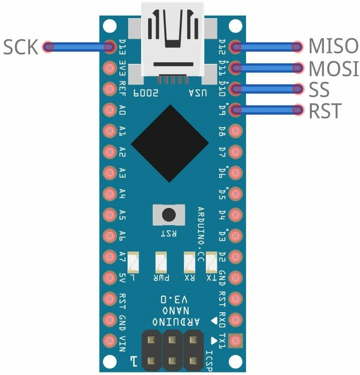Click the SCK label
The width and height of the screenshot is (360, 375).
pos(21,47)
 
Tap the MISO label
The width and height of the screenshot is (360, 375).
pos(333,47)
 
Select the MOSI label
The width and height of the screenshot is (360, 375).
pos(333,68)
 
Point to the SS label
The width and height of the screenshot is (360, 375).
pos(319,89)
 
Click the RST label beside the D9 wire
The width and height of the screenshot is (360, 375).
pos(325,110)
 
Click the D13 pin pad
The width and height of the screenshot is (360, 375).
pos(109,47)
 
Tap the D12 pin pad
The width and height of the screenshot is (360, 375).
pos(235,47)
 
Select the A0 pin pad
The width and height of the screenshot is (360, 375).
pos(109,110)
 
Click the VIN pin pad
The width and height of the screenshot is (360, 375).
pos(109,341)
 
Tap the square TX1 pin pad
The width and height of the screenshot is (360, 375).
pos(235,341)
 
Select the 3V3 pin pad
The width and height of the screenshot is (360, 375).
pos(109,68)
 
